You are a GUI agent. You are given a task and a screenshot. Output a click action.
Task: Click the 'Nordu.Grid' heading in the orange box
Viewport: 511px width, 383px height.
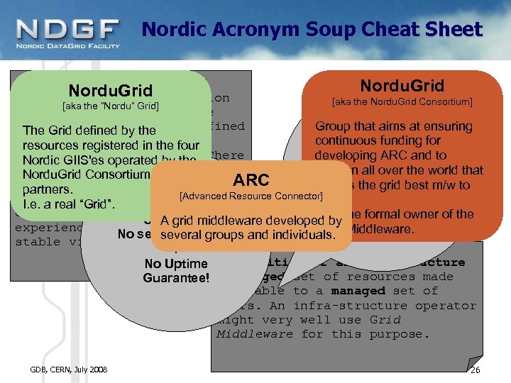click(402, 87)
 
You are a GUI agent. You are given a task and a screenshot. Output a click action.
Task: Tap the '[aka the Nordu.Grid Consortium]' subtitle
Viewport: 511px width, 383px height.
click(402, 102)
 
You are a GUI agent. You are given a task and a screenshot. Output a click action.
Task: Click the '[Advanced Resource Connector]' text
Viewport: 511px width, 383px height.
click(252, 195)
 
